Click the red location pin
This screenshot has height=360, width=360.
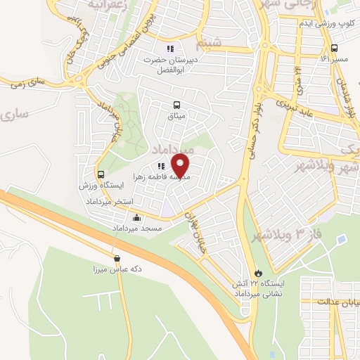point(181,166)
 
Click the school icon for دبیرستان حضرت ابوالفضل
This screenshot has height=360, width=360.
point(169,49)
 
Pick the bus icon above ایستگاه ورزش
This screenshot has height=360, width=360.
point(101,174)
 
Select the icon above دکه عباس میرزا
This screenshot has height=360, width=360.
point(116,258)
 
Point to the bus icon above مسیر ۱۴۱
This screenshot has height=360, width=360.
point(334,49)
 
